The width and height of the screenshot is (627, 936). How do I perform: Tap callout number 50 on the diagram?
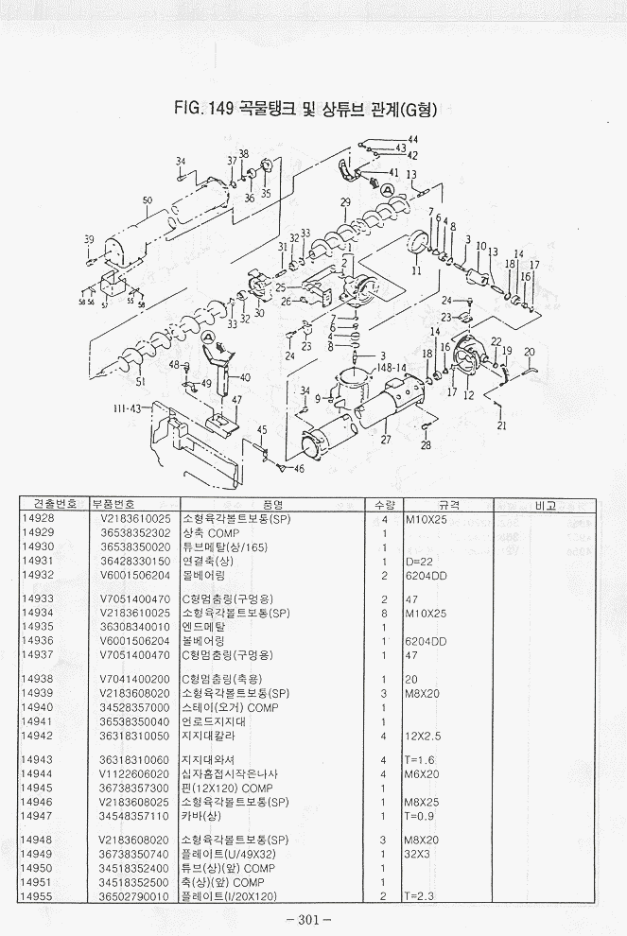pyautogui.click(x=148, y=200)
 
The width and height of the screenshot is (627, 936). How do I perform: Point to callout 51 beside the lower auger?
pyautogui.click(x=141, y=382)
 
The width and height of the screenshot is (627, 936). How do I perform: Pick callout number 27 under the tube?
pyautogui.click(x=385, y=440)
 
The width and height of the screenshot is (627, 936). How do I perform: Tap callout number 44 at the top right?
pyautogui.click(x=412, y=140)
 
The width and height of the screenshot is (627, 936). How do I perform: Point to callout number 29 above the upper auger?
pyautogui.click(x=345, y=202)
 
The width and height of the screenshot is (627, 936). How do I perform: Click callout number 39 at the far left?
pyautogui.click(x=89, y=239)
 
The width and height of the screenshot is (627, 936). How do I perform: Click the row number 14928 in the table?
pyautogui.click(x=38, y=520)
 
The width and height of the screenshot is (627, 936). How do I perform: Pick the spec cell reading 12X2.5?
pyautogui.click(x=422, y=736)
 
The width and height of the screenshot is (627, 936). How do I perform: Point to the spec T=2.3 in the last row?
pyautogui.click(x=418, y=894)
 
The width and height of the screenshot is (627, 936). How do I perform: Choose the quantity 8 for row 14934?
pyautogui.click(x=385, y=613)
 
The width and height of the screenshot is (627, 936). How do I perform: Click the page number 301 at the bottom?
pyautogui.click(x=313, y=918)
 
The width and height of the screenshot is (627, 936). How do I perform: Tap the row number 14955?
pyautogui.click(x=38, y=894)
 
